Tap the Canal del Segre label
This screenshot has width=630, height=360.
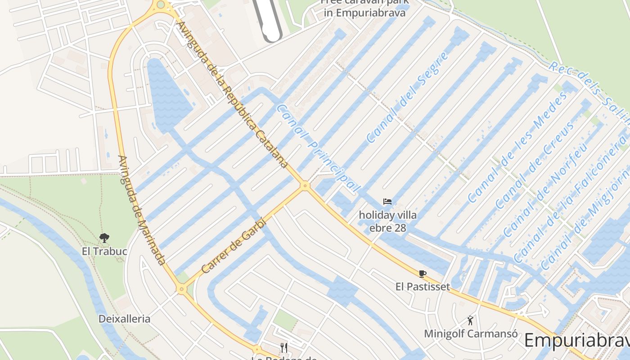click(x=407, y=98)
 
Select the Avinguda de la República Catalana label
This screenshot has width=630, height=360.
click(x=233, y=94)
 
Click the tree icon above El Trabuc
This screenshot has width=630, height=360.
click(x=104, y=238)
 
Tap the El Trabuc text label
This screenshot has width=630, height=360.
click(x=104, y=251)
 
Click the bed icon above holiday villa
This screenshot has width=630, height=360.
click(x=387, y=202)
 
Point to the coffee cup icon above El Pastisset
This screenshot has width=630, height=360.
click(x=422, y=273)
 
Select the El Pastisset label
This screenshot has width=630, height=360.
click(x=423, y=287)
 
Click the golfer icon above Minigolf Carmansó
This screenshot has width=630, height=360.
click(x=470, y=320)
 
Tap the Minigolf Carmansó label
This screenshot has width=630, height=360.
click(x=470, y=334)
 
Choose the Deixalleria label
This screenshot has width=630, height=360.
click(x=125, y=319)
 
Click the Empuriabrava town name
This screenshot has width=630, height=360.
click(x=577, y=340)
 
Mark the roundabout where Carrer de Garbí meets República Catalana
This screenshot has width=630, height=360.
click(x=306, y=185)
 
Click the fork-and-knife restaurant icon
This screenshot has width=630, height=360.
click(x=284, y=347)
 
